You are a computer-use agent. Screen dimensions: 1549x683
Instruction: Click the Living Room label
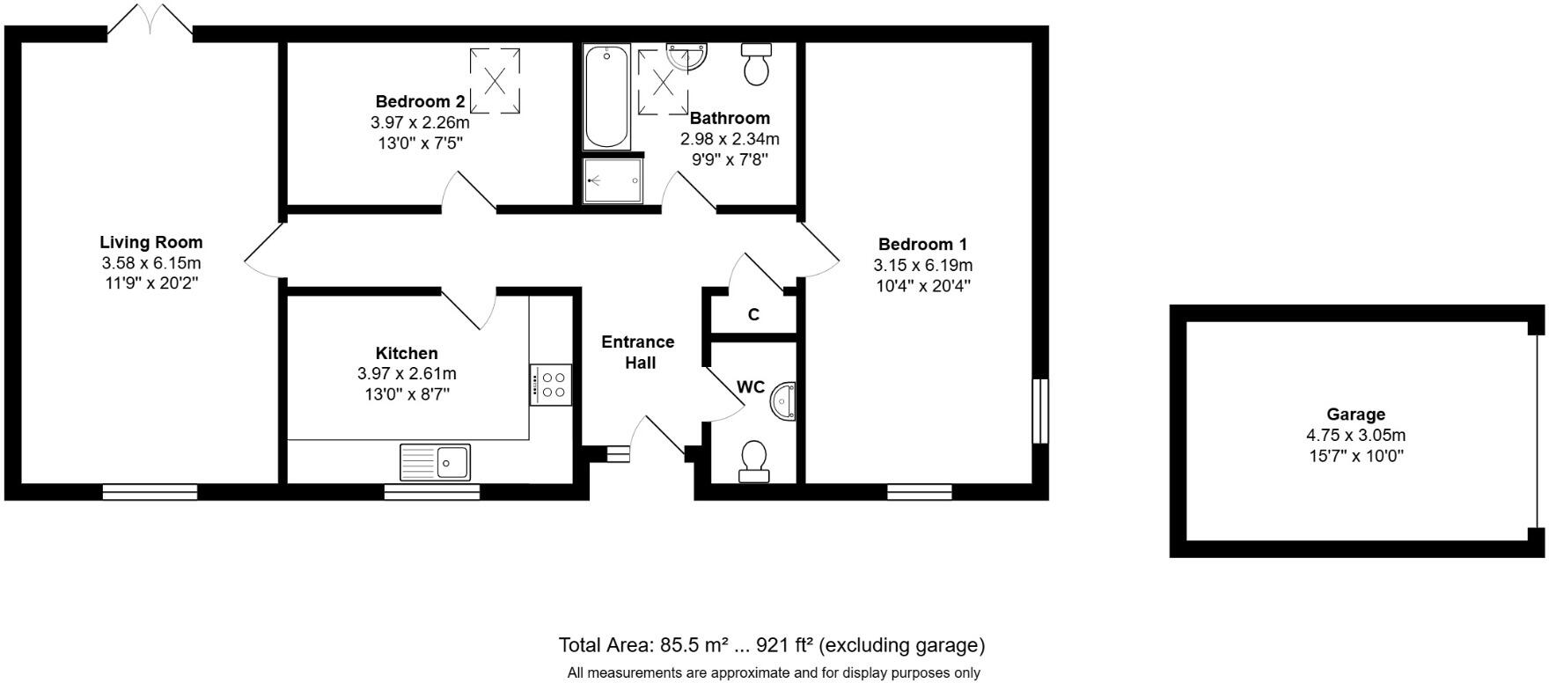coord(151,242)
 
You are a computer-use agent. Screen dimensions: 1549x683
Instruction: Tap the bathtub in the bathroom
coord(606,97)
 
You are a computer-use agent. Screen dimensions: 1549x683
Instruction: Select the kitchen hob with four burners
coord(551,385)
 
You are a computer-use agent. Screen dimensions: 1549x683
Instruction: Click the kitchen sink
coord(436,461)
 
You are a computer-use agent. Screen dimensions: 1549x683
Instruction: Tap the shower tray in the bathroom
coord(613,180)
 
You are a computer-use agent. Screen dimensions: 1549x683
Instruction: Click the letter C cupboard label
coord(753,314)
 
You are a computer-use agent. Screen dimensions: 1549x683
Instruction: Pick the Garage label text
coord(1356,414)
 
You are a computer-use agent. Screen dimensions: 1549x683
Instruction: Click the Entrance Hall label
coord(638,352)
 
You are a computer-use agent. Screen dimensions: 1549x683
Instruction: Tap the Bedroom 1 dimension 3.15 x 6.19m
coord(922,265)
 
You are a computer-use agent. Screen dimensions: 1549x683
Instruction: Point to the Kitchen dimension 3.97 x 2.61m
coord(407,374)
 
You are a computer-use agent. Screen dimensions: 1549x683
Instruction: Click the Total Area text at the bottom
coord(772,645)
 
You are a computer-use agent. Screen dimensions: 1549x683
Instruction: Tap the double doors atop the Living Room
coord(150,19)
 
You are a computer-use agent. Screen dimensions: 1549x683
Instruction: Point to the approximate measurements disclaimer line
coord(774,673)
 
